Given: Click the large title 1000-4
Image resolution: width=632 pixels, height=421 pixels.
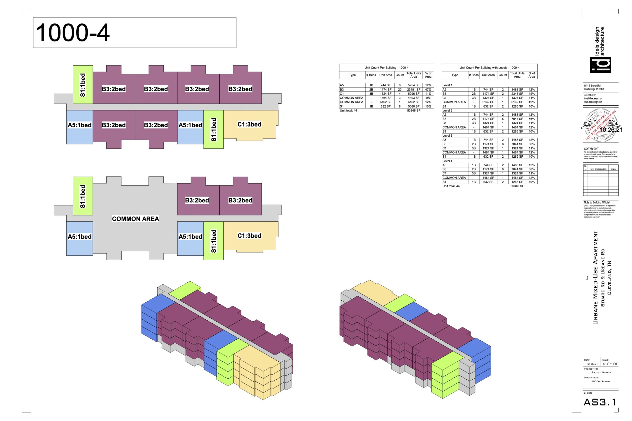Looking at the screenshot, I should [73, 33].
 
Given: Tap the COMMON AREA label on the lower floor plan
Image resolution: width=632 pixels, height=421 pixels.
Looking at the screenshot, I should [136, 219].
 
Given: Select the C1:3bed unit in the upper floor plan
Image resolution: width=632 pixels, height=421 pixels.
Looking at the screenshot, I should [249, 125].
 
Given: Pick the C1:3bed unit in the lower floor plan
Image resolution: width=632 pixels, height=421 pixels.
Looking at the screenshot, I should [249, 236].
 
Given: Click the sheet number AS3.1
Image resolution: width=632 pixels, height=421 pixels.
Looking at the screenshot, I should [599, 402].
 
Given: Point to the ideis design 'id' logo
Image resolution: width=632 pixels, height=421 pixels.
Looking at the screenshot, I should [600, 65].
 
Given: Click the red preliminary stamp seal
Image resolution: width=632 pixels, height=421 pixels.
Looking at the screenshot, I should [601, 125].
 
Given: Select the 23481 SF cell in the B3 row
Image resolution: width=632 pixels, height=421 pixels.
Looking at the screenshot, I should [414, 90].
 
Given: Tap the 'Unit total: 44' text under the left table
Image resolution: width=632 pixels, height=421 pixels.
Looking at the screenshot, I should [348, 111].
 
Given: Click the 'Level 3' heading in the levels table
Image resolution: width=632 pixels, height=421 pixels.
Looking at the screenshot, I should [447, 136].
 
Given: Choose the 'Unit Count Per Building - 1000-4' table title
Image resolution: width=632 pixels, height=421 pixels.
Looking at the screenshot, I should [386, 68].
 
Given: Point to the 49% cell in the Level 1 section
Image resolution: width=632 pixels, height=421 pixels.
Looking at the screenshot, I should [532, 102].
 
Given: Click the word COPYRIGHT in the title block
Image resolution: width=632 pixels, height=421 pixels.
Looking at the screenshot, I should [591, 149].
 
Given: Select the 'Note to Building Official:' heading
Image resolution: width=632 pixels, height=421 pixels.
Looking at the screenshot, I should [597, 202].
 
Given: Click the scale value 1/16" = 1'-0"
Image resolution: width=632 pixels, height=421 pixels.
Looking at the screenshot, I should [610, 364].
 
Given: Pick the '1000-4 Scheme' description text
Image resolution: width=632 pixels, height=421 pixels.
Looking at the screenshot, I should [601, 382].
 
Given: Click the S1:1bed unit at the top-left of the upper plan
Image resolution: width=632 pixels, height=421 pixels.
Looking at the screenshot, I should [83, 85].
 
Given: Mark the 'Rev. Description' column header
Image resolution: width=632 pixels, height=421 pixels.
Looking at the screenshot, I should [598, 169].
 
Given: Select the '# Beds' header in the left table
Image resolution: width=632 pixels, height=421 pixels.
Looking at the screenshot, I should [371, 75].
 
